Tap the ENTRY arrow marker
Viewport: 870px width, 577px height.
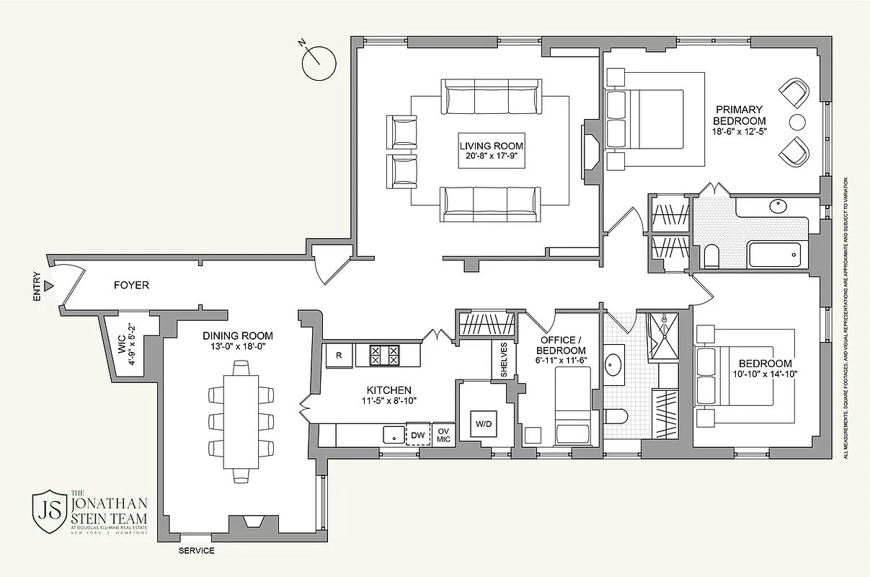(48, 286)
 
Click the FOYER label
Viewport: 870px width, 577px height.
(131, 286)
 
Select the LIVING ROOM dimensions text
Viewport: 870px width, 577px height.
(492, 156)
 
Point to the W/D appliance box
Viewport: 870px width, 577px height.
(483, 423)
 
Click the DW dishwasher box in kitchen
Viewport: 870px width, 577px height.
(417, 435)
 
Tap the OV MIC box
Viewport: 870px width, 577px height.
(443, 435)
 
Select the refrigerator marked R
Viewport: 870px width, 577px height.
(339, 355)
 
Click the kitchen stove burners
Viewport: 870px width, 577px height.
(384, 356)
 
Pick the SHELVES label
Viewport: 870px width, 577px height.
(504, 359)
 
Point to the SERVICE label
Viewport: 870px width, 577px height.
(197, 551)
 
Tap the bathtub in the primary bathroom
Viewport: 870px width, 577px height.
(775, 255)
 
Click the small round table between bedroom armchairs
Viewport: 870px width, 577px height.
(796, 120)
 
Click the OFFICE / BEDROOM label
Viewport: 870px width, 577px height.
(558, 345)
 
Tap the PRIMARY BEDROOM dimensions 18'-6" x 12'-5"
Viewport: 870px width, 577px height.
(739, 131)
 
